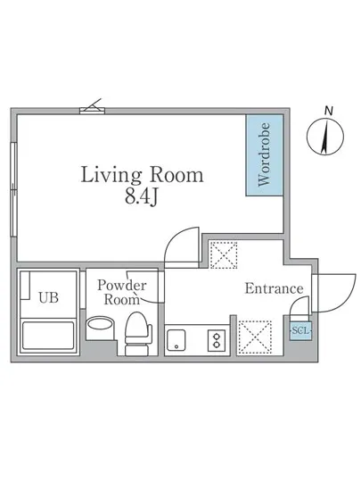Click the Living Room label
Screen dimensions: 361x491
tap(143, 175)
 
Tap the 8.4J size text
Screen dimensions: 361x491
tap(141, 197)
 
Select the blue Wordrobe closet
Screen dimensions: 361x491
tap(265, 155)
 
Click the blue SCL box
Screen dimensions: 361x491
tap(300, 330)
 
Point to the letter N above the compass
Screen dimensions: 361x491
tap(328, 111)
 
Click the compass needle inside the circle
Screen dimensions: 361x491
tap(325, 137)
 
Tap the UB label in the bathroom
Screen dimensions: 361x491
tap(49, 298)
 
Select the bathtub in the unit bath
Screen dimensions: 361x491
tap(48, 335)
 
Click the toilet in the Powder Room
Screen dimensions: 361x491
tap(138, 334)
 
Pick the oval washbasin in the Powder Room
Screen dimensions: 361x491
tap(100, 323)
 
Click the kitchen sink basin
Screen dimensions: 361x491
tap(176, 340)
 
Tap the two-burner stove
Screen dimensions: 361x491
tap(217, 340)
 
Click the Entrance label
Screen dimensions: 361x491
tap(275, 288)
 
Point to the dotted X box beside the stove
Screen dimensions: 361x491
tap(255, 337)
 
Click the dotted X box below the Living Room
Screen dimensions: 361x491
tap(223, 255)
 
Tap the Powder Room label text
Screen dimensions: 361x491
tap(122, 292)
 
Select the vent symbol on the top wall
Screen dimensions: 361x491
tap(93, 107)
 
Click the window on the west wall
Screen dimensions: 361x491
tap(13, 189)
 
